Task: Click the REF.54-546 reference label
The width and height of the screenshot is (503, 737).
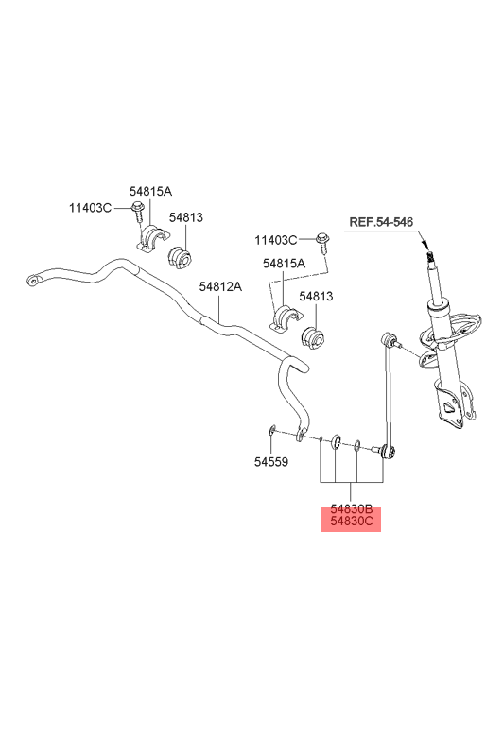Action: click(x=381, y=222)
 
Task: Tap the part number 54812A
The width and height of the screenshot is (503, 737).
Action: click(x=220, y=286)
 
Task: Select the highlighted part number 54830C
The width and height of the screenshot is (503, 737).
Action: click(x=351, y=521)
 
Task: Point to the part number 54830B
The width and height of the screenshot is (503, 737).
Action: click(x=351, y=509)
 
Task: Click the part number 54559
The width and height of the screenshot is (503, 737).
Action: click(x=271, y=462)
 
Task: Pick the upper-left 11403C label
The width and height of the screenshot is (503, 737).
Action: click(x=91, y=208)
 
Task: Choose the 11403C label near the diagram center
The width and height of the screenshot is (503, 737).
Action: click(x=276, y=241)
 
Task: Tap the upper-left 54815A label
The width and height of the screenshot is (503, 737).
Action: click(x=150, y=191)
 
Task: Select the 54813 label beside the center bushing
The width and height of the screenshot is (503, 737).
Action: click(x=316, y=296)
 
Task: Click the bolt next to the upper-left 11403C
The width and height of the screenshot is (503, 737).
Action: click(x=137, y=212)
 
